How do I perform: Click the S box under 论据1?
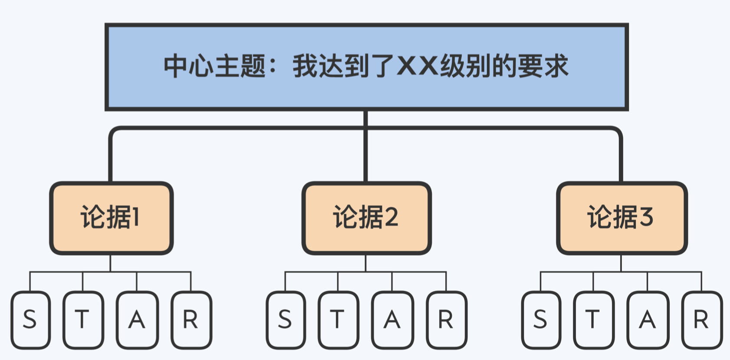click(x=30, y=320)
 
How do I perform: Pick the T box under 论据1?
click(x=83, y=320)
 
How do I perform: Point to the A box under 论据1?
click(x=137, y=320)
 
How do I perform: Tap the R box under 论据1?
click(x=191, y=320)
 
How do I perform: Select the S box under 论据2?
click(x=285, y=320)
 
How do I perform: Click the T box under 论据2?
click(x=338, y=320)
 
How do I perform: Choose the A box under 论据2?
click(x=392, y=320)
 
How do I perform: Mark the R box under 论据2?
click(x=446, y=320)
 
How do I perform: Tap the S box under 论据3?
click(x=540, y=320)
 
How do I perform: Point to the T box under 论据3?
click(x=593, y=320)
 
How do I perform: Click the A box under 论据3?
click(x=647, y=320)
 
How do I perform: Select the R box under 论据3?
click(x=701, y=320)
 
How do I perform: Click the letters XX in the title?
click(x=417, y=66)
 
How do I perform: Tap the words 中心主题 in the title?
click(x=214, y=66)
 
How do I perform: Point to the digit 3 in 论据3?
click(x=646, y=217)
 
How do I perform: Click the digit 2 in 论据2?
click(x=391, y=217)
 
